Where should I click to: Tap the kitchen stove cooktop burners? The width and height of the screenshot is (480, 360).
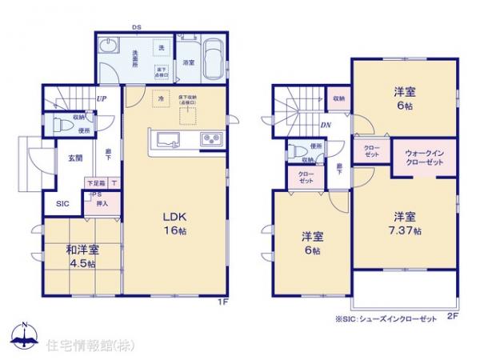coord(213,140)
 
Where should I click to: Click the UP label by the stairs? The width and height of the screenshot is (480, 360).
coord(102,99)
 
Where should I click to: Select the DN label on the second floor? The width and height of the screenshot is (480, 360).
coord(326,125)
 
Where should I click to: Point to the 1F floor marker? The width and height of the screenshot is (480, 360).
coord(224,302)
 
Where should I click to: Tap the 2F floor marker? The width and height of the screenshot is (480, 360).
coord(452,318)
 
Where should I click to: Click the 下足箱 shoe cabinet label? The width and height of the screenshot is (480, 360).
coord(96,183)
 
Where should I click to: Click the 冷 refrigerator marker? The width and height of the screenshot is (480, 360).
coord(161,98)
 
